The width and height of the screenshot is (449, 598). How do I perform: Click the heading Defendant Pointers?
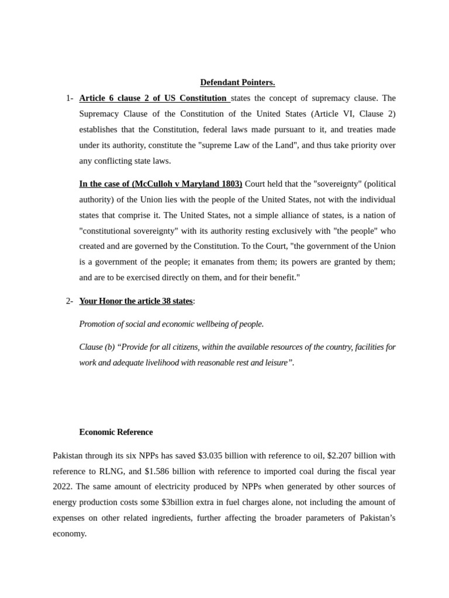click(237, 82)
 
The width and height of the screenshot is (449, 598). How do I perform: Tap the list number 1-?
click(70, 98)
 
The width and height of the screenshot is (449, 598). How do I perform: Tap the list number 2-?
click(70, 301)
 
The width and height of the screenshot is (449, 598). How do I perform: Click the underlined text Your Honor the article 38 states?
click(136, 301)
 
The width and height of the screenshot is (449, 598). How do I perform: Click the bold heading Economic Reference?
click(116, 432)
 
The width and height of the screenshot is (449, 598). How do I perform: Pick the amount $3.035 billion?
click(222, 456)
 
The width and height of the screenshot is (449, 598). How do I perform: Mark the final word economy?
click(70, 533)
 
